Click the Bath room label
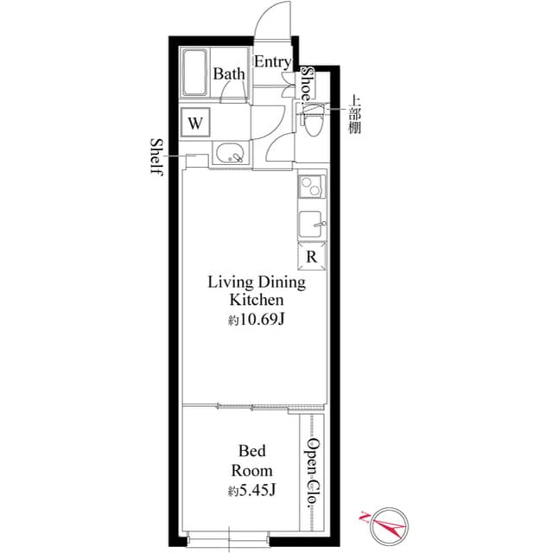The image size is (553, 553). point(229,74)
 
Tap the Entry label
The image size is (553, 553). point(272,62)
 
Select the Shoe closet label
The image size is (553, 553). point(307,84)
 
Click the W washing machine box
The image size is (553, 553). point(195,123)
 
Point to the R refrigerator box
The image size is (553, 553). point(312,256)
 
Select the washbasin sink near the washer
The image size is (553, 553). point(228,156)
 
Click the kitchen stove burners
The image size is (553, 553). point(311,187)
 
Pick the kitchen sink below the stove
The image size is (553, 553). point(312,224)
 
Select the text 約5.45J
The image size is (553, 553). point(251,491)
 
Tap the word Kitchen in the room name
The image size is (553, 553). point(256,301)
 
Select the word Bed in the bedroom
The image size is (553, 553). point(252,451)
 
